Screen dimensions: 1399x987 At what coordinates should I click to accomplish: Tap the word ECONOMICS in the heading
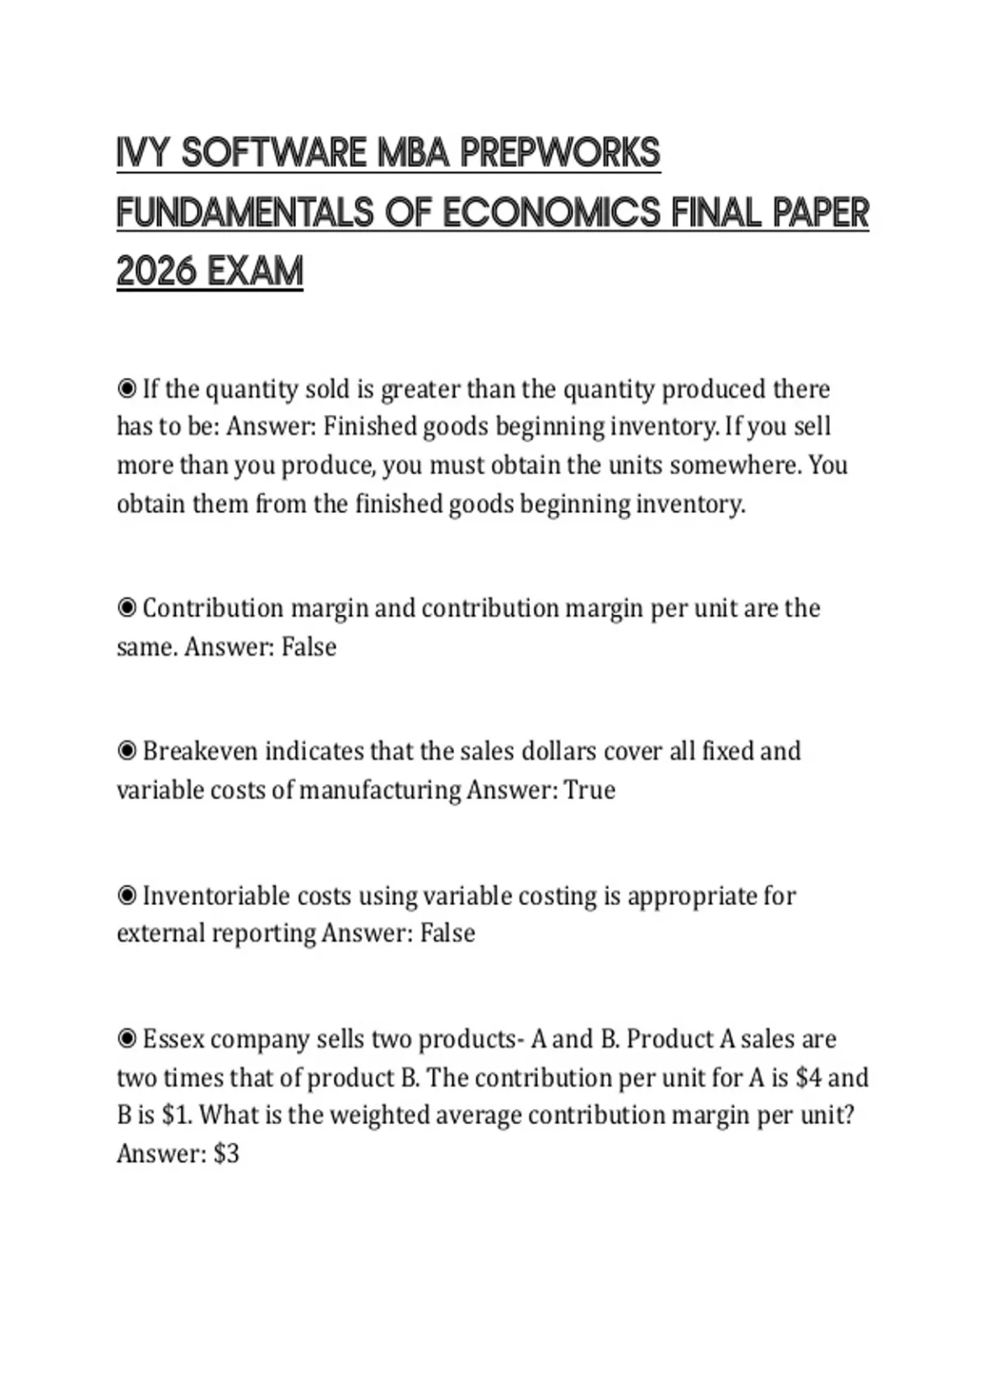[551, 213]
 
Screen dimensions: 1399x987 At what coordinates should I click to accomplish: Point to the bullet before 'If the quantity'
[127, 388]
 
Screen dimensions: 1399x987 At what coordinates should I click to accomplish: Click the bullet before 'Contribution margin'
[127, 608]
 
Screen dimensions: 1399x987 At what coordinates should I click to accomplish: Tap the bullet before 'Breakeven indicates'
[127, 751]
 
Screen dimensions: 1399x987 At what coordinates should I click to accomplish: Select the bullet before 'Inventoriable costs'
[127, 895]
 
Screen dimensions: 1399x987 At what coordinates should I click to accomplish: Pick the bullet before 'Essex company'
[127, 1039]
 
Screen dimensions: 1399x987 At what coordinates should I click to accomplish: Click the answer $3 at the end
[226, 1154]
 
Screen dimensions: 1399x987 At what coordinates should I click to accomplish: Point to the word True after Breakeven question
[590, 790]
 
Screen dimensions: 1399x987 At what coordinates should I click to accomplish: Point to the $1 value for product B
[175, 1115]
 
